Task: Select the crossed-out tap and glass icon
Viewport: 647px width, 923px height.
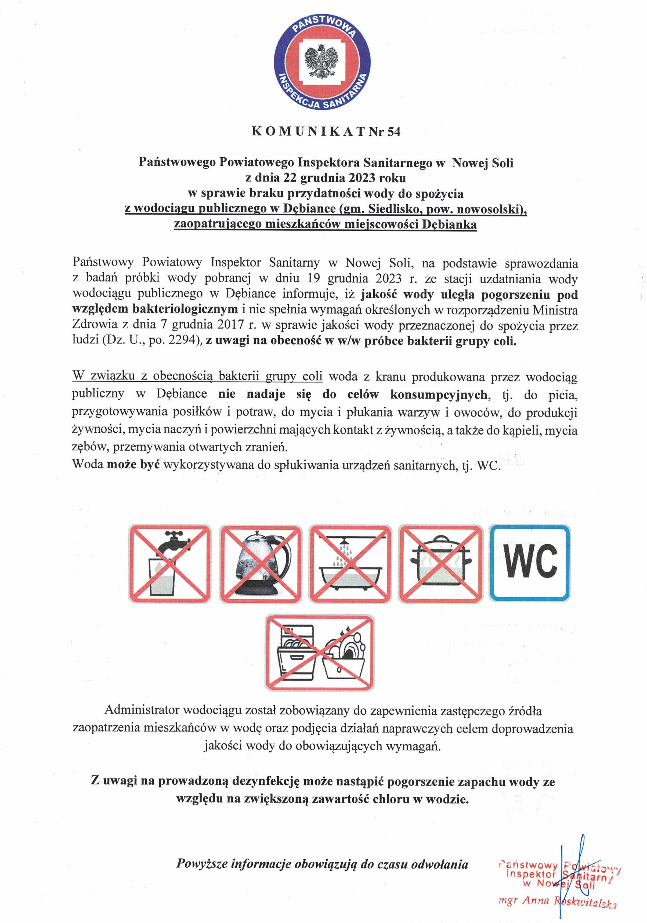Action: [169, 564]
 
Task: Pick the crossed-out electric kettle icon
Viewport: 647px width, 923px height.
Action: [260, 564]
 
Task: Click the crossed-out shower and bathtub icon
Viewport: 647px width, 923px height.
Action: [350, 564]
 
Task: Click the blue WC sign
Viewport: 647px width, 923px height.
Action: [530, 563]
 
